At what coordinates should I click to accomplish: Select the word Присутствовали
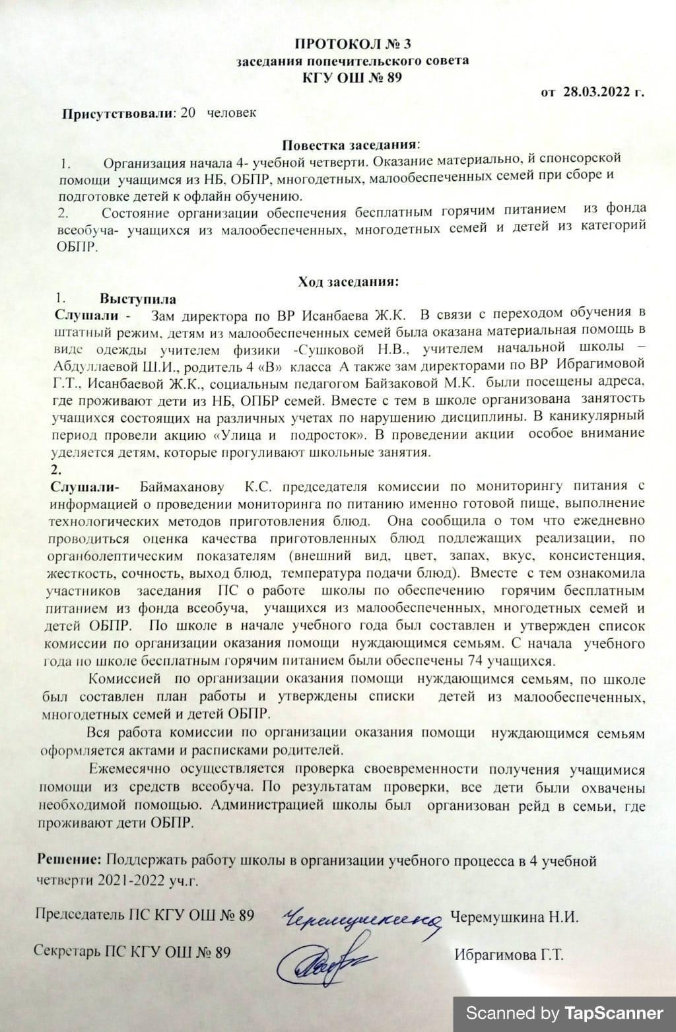[x=117, y=112]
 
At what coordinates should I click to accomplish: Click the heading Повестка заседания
[x=351, y=144]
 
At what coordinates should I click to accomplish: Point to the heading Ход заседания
[x=349, y=283]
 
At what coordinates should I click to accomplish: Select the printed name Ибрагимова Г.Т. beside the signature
[x=508, y=955]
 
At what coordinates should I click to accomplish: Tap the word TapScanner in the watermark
[x=613, y=1013]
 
